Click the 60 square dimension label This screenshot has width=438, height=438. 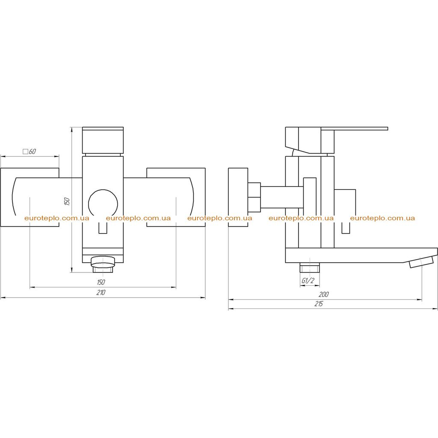click(30, 151)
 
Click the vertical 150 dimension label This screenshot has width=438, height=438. click(67, 201)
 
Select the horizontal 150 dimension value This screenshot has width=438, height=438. click(101, 282)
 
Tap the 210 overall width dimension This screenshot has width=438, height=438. click(101, 293)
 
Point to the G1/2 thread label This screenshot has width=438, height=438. click(308, 281)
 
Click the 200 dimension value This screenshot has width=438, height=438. click(324, 294)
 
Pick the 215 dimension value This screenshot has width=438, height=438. click(318, 304)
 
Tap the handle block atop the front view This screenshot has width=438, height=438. click(103, 140)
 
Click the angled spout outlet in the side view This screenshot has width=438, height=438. click(421, 262)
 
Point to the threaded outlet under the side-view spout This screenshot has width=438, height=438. click(310, 267)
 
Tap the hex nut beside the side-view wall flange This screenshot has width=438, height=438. click(254, 197)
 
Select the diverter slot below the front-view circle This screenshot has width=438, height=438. click(103, 228)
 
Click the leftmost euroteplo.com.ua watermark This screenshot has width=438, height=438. click(57, 218)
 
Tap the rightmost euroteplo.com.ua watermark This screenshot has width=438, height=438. click(382, 218)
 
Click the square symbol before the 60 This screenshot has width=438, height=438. click(25, 152)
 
